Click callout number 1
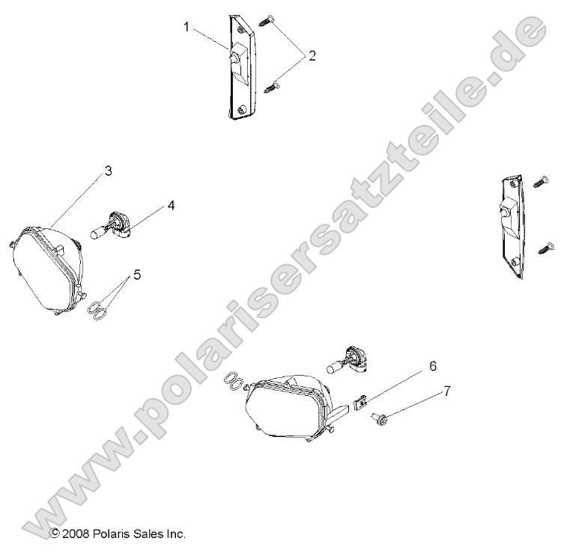(187, 27)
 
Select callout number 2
(312, 55)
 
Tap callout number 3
(108, 171)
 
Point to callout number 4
(171, 206)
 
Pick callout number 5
(137, 275)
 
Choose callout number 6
(433, 366)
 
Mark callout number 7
(447, 391)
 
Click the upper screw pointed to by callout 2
(267, 20)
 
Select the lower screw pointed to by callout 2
(273, 87)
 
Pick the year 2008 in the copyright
(75, 534)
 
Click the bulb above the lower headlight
(347, 359)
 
